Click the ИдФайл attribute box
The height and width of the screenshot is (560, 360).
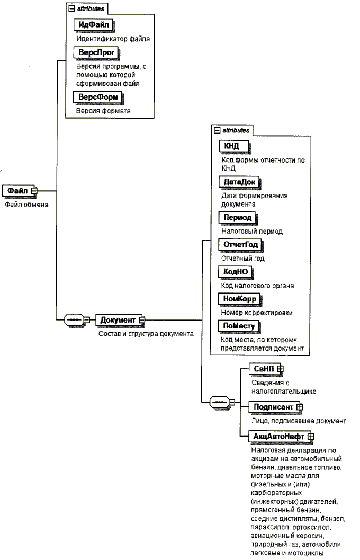(94, 25)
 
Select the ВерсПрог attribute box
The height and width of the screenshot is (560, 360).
(96, 52)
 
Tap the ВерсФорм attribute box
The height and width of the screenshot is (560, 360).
(98, 97)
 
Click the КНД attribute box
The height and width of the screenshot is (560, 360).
(234, 146)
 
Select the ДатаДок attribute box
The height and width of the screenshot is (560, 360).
(239, 182)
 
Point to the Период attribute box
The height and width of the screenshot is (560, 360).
(238, 218)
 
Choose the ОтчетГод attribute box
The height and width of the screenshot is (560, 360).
(240, 245)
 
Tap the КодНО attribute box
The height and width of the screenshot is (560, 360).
(236, 272)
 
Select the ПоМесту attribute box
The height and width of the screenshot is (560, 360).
(239, 326)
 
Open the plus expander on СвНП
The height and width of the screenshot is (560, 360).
(281, 369)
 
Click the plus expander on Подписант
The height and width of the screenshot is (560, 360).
(300, 407)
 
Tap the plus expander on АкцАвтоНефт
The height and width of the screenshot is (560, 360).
(311, 437)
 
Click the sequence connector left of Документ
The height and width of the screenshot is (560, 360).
(75, 320)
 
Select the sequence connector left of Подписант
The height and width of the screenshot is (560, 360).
(220, 402)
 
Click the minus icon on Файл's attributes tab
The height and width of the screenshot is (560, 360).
(71, 9)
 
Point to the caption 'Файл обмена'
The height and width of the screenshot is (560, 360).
(26, 205)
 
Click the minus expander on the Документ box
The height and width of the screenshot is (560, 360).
(142, 320)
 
